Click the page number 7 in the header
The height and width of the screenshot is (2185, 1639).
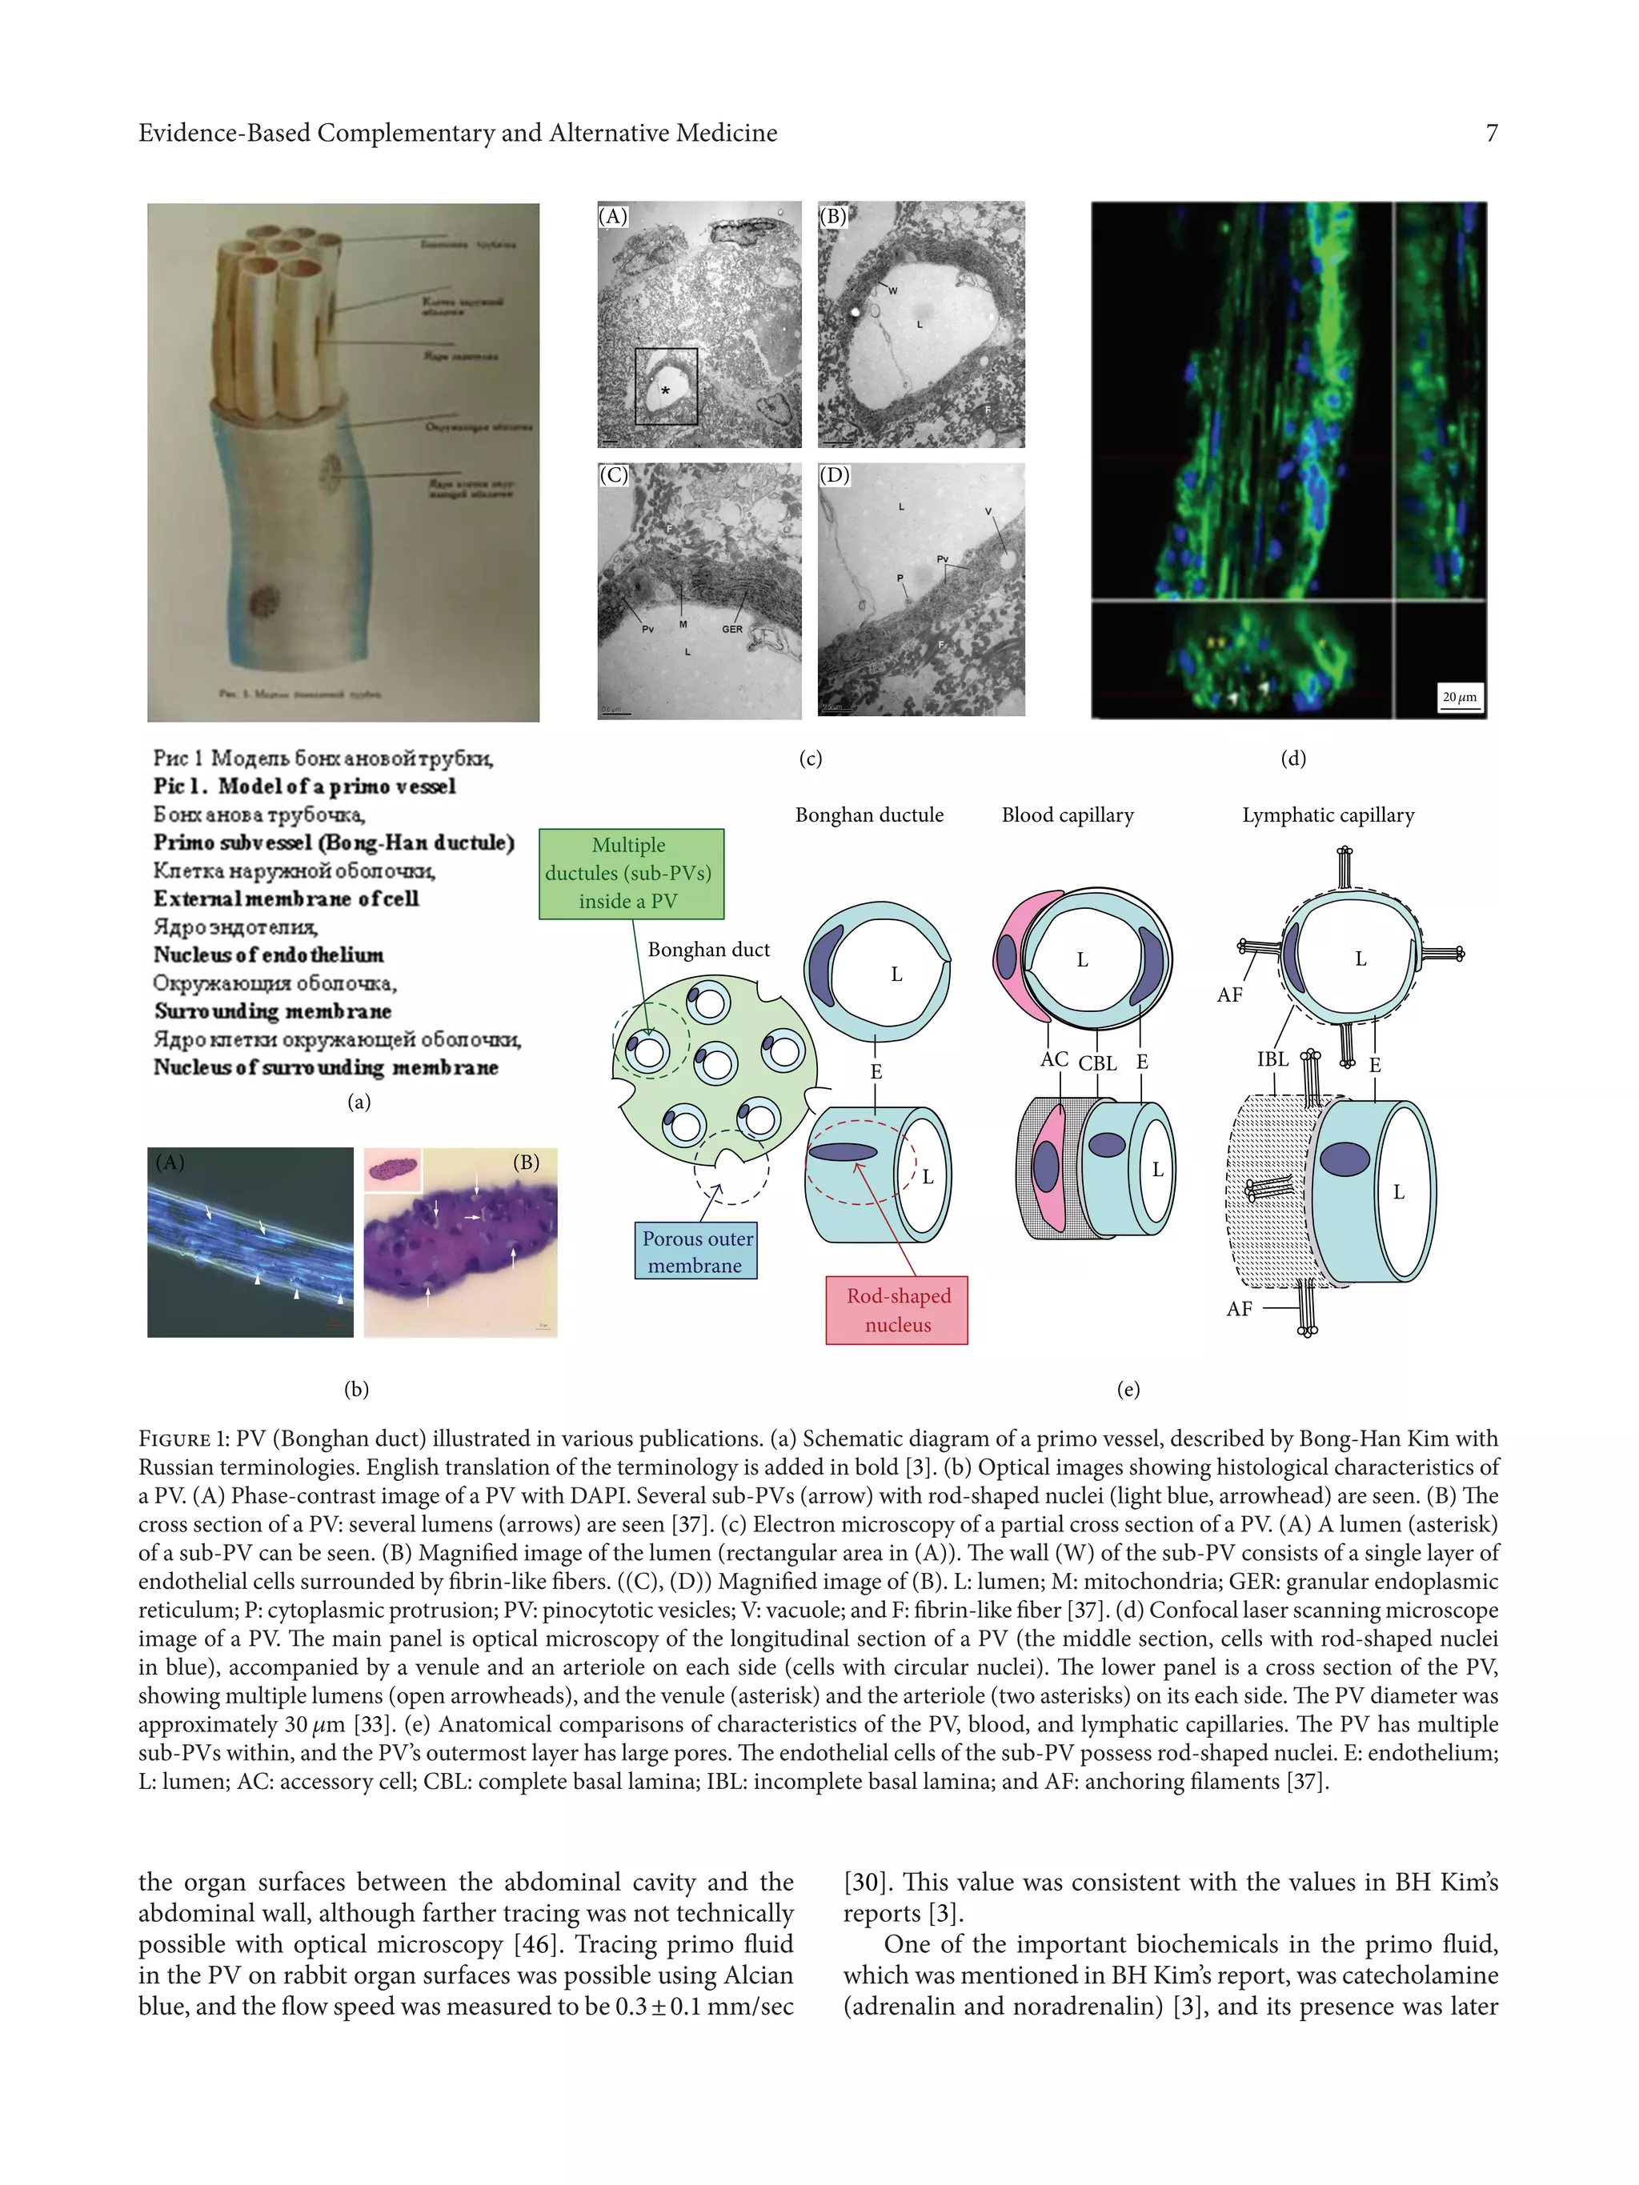pyautogui.click(x=1491, y=134)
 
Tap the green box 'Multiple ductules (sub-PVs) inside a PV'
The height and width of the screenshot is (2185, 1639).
pyautogui.click(x=631, y=873)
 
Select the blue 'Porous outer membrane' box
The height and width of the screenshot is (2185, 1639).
pyautogui.click(x=696, y=1251)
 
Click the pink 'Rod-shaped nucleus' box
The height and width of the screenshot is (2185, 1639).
pyautogui.click(x=897, y=1310)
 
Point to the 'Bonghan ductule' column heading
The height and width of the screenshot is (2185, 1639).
pyautogui.click(x=869, y=815)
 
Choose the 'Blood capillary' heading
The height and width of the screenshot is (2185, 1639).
pyautogui.click(x=1067, y=815)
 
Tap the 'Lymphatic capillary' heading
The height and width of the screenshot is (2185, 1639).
pyautogui.click(x=1328, y=815)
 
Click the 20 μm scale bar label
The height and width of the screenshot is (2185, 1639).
pyautogui.click(x=1459, y=698)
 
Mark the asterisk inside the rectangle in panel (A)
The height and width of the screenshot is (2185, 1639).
pyautogui.click(x=666, y=392)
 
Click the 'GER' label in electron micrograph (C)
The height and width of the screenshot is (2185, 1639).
pyautogui.click(x=732, y=629)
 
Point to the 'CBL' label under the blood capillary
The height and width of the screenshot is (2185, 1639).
pyautogui.click(x=1098, y=1064)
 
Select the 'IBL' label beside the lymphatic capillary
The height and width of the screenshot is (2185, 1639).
pyautogui.click(x=1272, y=1059)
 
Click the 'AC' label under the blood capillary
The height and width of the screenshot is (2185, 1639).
pyautogui.click(x=1054, y=1059)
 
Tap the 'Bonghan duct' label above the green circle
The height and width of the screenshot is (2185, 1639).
pyautogui.click(x=708, y=949)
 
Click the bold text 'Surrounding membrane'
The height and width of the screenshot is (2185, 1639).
pyautogui.click(x=273, y=1011)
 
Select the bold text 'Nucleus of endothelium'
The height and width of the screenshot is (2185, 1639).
pyautogui.click(x=269, y=955)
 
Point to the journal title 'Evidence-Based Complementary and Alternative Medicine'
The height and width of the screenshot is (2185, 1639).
pyautogui.click(x=458, y=134)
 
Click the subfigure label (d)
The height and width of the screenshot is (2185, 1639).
pyautogui.click(x=1293, y=758)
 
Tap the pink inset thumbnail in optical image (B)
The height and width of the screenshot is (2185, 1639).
pyautogui.click(x=393, y=1171)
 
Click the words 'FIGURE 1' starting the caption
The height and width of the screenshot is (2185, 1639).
pyautogui.click(x=175, y=1439)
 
